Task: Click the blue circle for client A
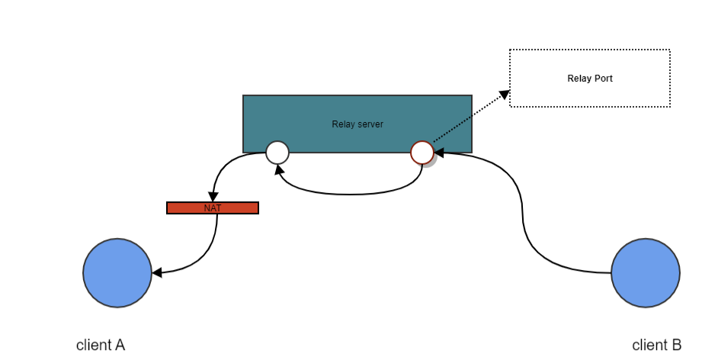point(117,273)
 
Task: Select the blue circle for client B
point(646,273)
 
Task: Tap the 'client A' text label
point(101,345)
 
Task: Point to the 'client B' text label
point(657,345)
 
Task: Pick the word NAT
point(213,207)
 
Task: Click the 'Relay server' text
point(357,124)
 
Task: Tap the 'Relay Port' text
point(589,79)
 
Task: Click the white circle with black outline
point(277,153)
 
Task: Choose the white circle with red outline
point(422,153)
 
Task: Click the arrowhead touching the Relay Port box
point(504,94)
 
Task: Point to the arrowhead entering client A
point(157,272)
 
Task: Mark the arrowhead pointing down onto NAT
point(213,196)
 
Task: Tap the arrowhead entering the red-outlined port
point(439,153)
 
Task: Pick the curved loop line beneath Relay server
point(351,194)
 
